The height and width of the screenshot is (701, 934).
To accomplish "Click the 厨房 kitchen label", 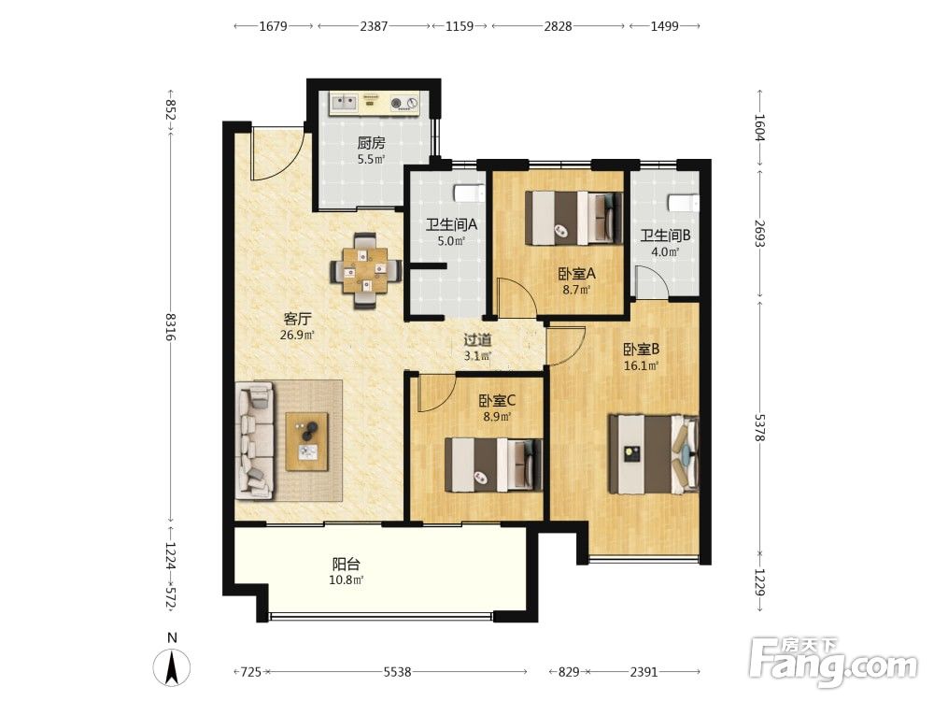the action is tap(371, 143).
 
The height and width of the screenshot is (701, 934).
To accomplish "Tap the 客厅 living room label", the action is tap(297, 319).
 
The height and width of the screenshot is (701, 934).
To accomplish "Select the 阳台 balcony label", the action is tap(347, 564).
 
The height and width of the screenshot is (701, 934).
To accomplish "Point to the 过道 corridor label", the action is tap(477, 340).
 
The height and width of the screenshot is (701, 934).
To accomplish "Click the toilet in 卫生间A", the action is tap(468, 193).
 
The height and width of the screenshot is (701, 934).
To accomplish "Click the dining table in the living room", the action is tap(365, 271).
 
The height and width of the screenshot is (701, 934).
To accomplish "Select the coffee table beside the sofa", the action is tap(306, 442).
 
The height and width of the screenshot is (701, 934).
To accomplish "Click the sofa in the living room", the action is tap(255, 440).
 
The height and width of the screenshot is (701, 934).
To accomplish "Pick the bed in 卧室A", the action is tap(573, 218).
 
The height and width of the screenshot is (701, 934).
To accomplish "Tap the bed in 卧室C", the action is tap(494, 465).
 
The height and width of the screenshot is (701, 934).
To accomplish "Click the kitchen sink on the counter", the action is tap(343, 103).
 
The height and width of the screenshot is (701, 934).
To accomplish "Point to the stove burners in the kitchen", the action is tap(404, 104).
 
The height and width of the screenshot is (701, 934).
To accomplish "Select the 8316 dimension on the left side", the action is tap(170, 326).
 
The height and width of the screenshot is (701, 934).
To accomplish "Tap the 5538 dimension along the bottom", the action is tap(397, 672).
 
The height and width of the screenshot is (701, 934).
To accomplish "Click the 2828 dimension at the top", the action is tap(559, 25).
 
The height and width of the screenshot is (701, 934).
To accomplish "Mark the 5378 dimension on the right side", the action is tap(759, 428).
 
